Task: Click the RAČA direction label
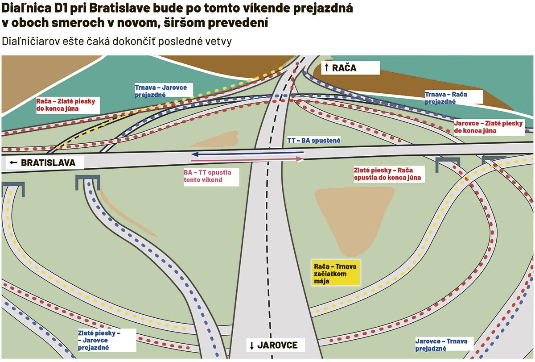[350, 68]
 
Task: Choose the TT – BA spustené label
[314, 140]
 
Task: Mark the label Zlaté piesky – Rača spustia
[387, 174]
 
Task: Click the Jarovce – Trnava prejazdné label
[441, 345]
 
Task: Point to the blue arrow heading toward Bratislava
[247, 153]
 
